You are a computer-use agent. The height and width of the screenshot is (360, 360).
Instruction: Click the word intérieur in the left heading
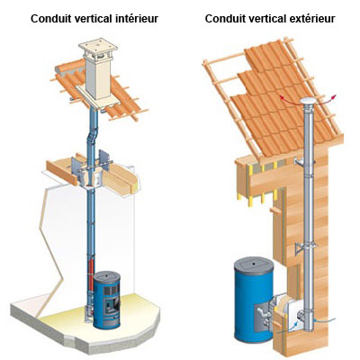(137, 19)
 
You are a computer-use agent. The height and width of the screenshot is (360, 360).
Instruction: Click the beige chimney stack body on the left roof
(97, 78)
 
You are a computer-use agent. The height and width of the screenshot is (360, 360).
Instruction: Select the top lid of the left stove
(107, 275)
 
